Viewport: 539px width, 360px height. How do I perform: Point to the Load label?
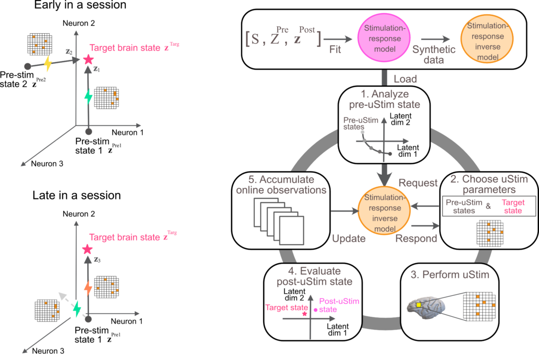point(405,79)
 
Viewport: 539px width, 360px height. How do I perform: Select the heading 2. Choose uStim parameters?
point(488,184)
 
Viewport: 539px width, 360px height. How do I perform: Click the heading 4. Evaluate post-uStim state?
point(314,276)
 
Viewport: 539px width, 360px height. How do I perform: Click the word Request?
point(418,183)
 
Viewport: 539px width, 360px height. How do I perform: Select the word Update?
point(349,238)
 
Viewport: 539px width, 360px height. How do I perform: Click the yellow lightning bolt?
point(47,64)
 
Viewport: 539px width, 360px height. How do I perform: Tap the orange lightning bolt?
point(88,288)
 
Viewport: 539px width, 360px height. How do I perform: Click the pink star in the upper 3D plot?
point(88,59)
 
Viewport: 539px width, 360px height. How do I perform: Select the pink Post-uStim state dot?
point(315,310)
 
